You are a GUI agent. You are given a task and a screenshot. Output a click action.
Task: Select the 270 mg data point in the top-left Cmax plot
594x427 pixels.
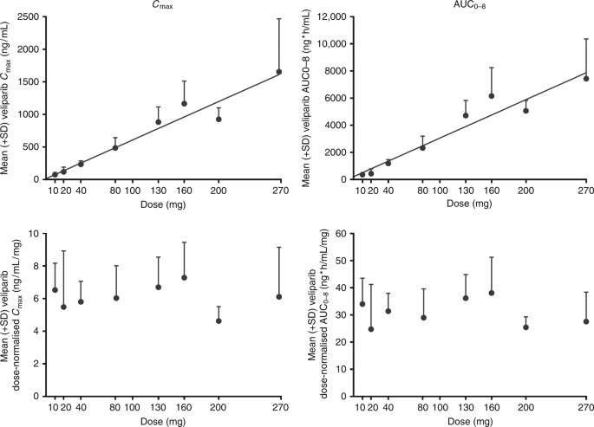(x=278, y=72)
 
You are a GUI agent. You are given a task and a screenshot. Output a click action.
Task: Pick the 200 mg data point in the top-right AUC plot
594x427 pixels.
(x=525, y=111)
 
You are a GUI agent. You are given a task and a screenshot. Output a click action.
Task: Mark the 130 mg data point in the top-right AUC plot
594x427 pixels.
(x=466, y=115)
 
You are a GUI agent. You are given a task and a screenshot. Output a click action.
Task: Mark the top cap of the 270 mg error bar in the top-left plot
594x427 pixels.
(x=278, y=18)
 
